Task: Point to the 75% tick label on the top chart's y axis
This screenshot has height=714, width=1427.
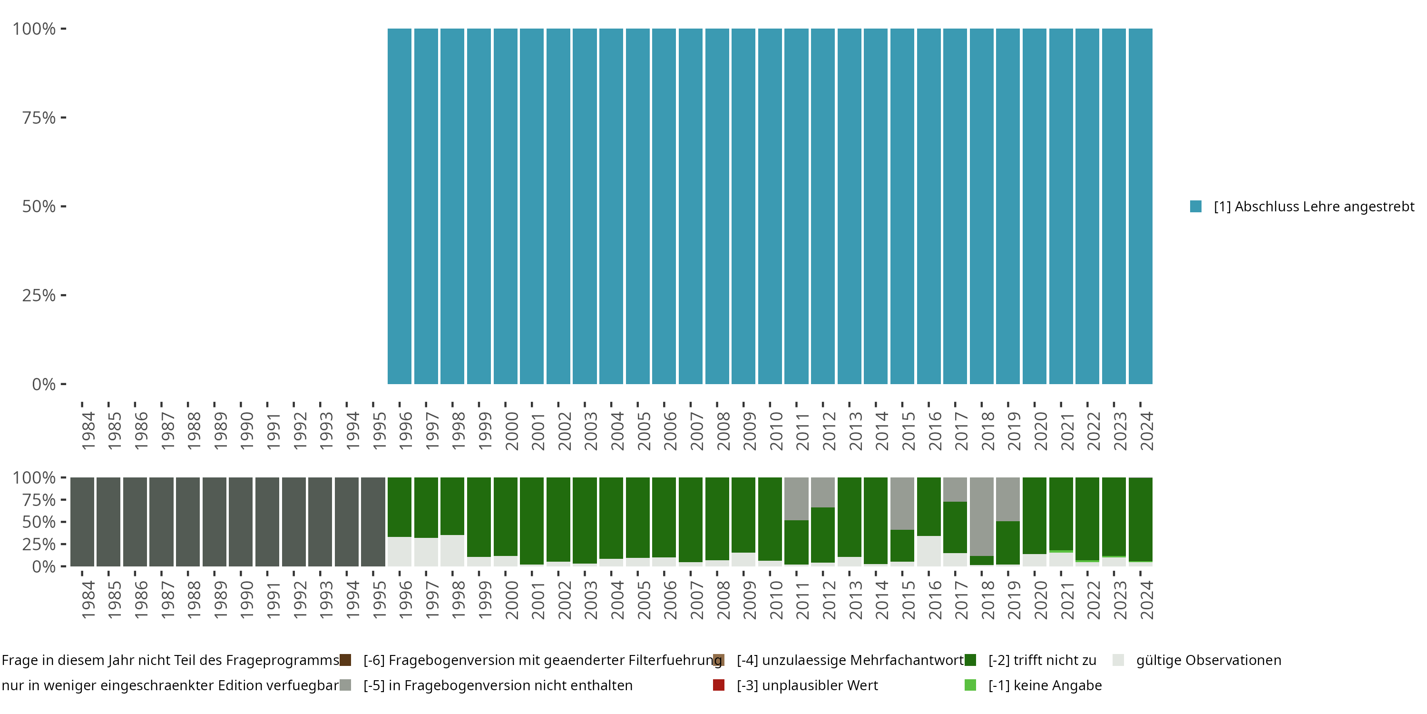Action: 39,118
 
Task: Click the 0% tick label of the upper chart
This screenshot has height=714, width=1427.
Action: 44,384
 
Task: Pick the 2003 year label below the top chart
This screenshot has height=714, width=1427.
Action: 590,431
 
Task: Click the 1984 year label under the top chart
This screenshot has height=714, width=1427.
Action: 88,431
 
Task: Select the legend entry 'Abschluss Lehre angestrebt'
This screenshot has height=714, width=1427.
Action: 1313,207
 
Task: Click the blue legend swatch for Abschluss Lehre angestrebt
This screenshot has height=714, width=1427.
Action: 1196,207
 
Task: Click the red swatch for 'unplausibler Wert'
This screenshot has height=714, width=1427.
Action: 718,685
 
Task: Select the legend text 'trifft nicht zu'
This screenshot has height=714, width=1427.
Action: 1042,660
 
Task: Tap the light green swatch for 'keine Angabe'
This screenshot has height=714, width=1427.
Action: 970,685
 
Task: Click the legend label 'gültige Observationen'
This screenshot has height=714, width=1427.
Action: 1208,660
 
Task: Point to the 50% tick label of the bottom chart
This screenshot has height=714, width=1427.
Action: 39,522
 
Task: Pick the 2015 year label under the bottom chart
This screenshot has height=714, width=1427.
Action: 908,600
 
